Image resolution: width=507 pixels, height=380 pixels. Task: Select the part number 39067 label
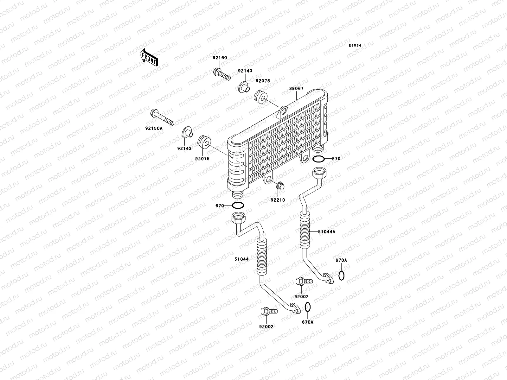(x=296, y=89)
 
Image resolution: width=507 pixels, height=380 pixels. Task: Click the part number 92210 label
(x=278, y=200)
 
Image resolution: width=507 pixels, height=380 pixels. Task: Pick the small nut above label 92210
(x=280, y=186)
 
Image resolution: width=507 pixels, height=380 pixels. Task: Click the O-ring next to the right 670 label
(x=318, y=159)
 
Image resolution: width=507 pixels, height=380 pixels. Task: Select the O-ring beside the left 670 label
(x=238, y=206)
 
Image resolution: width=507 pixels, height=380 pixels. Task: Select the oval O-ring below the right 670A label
(x=341, y=275)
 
